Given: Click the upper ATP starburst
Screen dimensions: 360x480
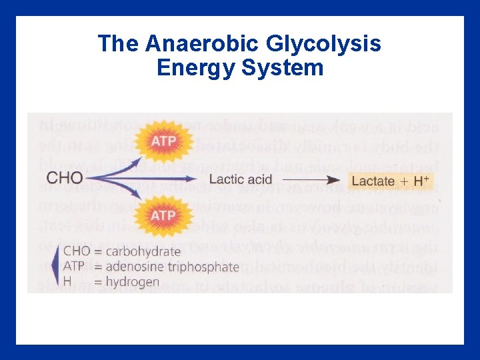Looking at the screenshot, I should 163,141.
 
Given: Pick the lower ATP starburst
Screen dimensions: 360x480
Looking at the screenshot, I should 163,215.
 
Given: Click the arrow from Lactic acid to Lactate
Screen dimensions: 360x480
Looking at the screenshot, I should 310,179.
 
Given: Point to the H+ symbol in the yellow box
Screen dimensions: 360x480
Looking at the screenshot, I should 423,179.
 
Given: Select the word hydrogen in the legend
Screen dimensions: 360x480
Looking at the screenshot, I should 132,282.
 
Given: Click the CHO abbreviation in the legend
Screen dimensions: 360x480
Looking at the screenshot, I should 76,251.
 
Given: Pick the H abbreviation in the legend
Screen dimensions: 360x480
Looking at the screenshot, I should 67,282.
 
